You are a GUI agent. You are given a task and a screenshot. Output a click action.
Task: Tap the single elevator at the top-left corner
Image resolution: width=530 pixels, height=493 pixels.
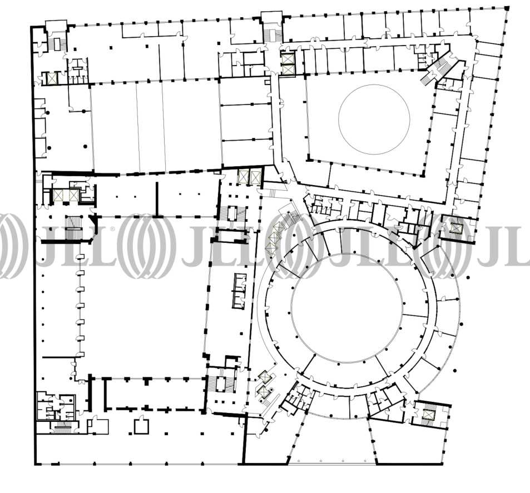coord(52,79)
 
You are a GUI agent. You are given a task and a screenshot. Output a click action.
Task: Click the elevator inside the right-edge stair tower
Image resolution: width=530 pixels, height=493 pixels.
coord(455,228)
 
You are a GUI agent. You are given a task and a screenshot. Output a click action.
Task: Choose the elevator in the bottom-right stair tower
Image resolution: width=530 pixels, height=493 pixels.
coord(428,414)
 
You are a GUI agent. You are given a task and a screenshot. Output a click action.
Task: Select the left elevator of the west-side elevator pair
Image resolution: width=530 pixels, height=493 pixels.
coord(58,195)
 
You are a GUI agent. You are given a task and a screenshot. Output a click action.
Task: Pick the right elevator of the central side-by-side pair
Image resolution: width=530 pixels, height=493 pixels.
coord(255,177)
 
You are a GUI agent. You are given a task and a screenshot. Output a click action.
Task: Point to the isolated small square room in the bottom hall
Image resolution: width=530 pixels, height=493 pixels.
coord(141,426)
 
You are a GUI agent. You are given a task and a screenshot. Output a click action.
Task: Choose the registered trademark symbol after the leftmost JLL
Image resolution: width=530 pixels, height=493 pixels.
coord(112,229)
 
